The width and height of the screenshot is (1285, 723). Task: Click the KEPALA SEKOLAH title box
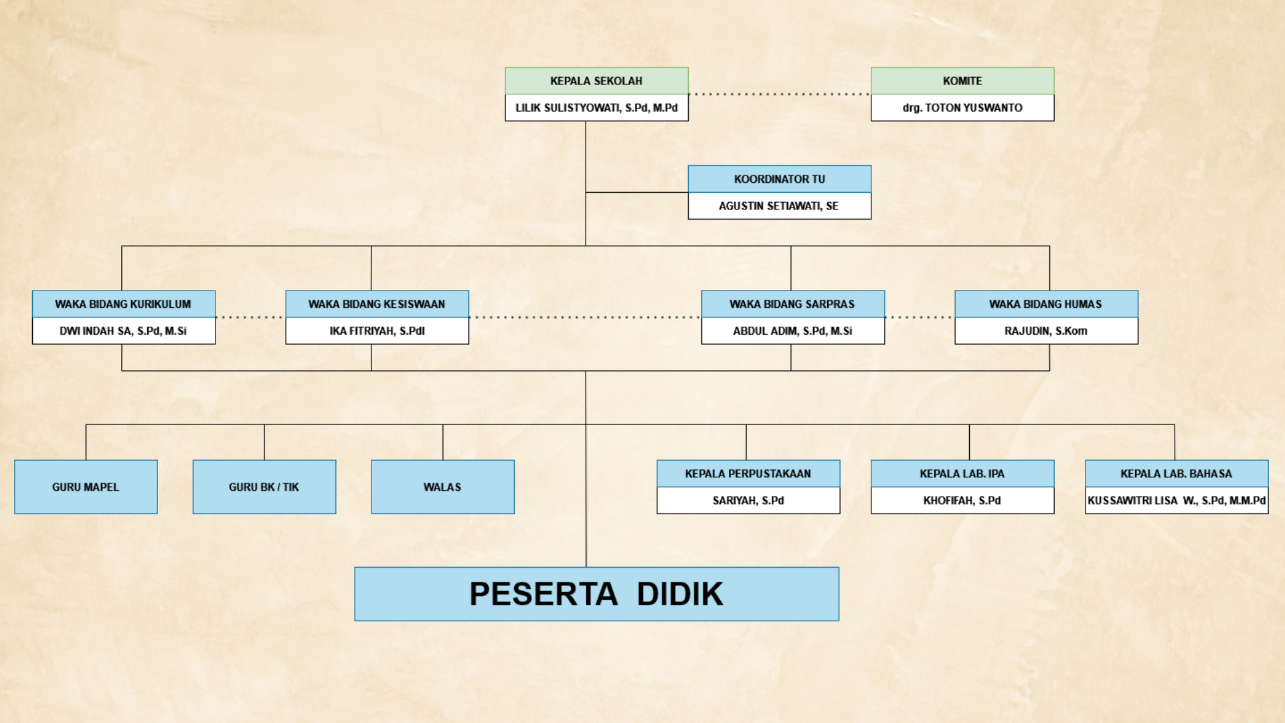(x=596, y=81)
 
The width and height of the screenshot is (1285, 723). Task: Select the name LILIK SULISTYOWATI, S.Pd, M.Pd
(x=596, y=108)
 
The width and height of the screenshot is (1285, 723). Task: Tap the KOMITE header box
(x=962, y=81)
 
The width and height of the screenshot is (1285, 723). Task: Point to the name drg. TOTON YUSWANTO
(x=962, y=108)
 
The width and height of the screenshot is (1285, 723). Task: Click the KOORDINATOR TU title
(x=780, y=179)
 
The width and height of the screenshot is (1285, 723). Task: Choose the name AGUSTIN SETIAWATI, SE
(x=779, y=206)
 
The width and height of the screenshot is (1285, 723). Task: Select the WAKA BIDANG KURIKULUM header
(x=123, y=304)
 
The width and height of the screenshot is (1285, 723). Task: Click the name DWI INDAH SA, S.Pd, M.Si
(x=123, y=331)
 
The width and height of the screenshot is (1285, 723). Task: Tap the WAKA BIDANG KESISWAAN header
(x=377, y=304)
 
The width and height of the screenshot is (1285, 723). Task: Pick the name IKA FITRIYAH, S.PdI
(x=377, y=331)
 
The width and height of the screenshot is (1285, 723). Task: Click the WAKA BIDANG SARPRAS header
(x=792, y=304)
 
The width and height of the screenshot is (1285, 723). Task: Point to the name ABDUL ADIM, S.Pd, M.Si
(x=792, y=331)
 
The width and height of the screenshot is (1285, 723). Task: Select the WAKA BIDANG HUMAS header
(x=1046, y=304)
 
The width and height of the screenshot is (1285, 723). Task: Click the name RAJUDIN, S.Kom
(x=1046, y=331)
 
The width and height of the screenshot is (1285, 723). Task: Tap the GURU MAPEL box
(x=86, y=487)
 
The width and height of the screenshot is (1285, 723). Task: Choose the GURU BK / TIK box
(x=264, y=487)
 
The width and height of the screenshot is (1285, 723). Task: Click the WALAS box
(x=442, y=487)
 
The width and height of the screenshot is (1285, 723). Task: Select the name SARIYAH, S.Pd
(x=748, y=501)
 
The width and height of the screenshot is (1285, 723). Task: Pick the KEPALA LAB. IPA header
(x=962, y=474)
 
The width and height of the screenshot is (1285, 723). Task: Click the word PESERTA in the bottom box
(x=543, y=594)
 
